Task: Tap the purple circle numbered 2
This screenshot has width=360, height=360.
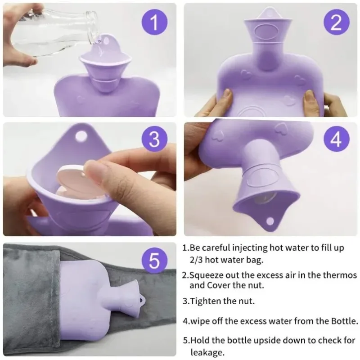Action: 336,22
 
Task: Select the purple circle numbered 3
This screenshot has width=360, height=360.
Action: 154,140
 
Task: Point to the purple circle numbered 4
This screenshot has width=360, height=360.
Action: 336,140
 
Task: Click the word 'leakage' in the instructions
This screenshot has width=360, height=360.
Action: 207,353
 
